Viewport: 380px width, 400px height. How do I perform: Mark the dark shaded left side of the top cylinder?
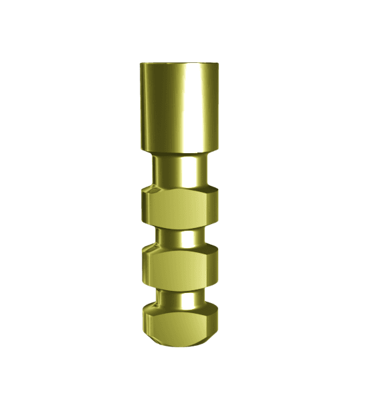(x=145, y=107)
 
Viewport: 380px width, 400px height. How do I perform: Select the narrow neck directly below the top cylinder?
(x=179, y=172)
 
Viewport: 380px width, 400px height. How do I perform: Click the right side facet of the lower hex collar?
(x=213, y=268)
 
